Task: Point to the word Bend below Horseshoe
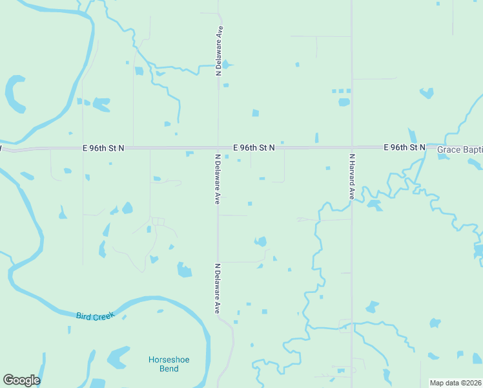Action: click(x=169, y=369)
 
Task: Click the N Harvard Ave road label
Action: click(x=353, y=176)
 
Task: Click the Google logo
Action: click(x=21, y=380)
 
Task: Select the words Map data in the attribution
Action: click(x=444, y=383)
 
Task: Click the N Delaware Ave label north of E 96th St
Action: click(x=220, y=51)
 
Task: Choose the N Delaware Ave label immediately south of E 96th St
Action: click(x=218, y=179)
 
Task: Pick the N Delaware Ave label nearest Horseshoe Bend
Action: click(x=218, y=288)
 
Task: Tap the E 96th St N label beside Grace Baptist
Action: click(x=404, y=147)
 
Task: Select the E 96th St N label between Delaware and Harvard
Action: click(x=254, y=147)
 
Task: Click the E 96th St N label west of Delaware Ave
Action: click(x=103, y=147)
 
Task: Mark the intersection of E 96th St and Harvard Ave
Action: click(x=352, y=147)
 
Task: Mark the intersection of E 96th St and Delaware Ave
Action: click(x=218, y=147)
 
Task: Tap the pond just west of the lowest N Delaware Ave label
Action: click(x=184, y=270)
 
